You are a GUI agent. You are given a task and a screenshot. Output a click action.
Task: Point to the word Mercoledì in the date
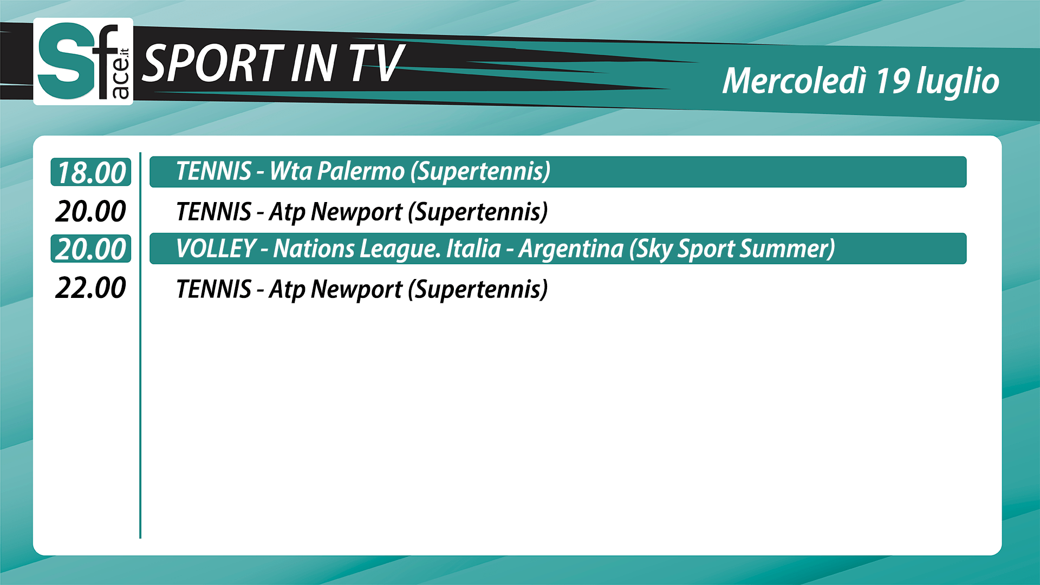click(x=795, y=81)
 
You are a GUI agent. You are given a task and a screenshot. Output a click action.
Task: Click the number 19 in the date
click(x=892, y=81)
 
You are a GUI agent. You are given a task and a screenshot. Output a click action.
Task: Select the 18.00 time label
click(x=91, y=173)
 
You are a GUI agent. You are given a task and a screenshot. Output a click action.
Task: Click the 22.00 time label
click(x=90, y=288)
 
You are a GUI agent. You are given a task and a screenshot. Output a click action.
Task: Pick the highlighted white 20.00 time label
click(x=91, y=249)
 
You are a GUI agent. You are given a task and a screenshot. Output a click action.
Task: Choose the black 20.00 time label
click(x=90, y=211)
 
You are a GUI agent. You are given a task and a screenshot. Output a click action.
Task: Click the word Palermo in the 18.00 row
click(x=361, y=172)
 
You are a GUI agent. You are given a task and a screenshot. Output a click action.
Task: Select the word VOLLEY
click(x=216, y=249)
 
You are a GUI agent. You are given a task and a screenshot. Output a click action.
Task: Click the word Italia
click(x=473, y=249)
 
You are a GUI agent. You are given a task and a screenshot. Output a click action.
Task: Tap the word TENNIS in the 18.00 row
click(x=214, y=172)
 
